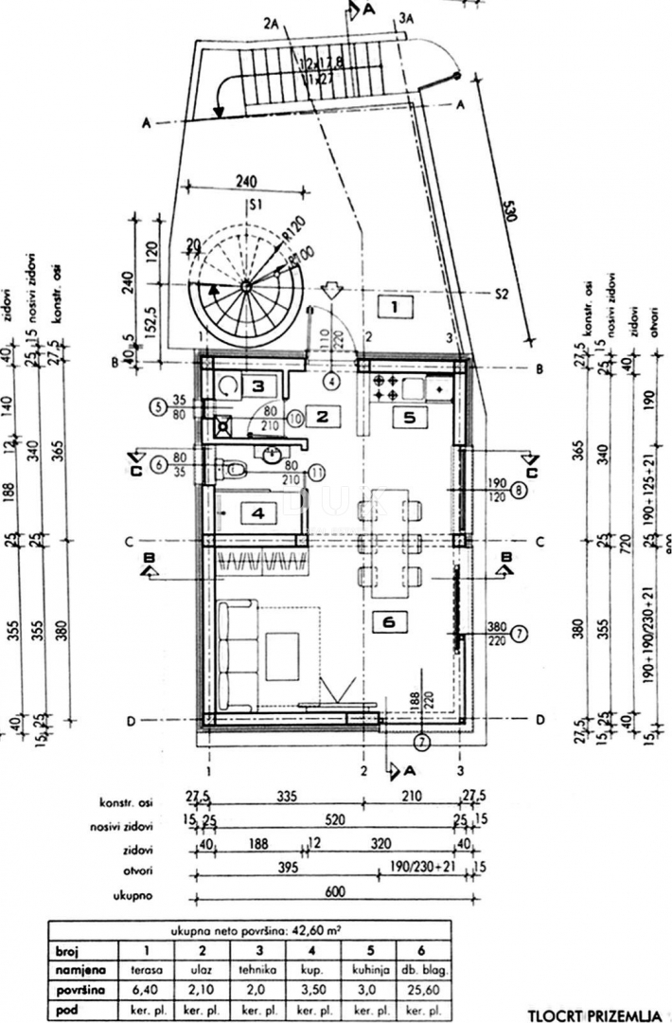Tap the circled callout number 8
519,491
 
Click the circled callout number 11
315,470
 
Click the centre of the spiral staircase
244,285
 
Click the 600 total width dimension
338,891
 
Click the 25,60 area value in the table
421,990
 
